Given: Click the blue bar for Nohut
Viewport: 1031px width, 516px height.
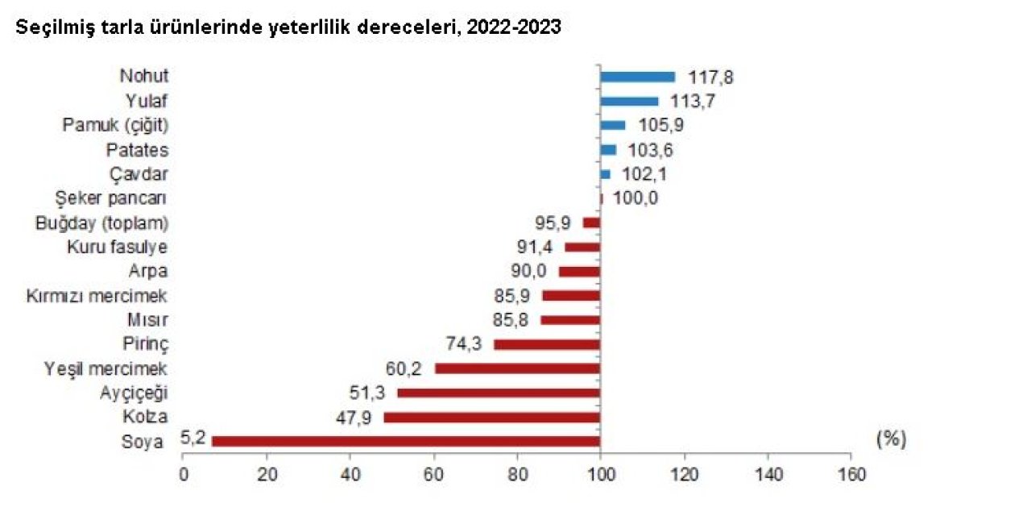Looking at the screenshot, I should coord(637,77).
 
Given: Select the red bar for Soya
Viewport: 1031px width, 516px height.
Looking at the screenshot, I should coord(406,441).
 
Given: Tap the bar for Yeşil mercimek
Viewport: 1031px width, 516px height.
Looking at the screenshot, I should coord(517,368).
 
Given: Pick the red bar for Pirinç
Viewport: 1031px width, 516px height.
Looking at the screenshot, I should coord(547,344).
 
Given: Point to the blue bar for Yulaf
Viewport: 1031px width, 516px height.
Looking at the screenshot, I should coord(629,101).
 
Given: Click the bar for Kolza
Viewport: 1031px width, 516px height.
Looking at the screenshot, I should coord(491,417).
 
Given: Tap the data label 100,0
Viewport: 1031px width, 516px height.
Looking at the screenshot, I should coord(636,198).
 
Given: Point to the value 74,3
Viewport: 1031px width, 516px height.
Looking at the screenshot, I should coord(465,344).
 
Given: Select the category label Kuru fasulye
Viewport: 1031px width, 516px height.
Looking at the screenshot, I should coord(117,247).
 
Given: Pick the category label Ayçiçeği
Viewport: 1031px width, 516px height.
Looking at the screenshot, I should coord(134,393).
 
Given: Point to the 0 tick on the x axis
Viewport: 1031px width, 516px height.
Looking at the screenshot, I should coord(184,475).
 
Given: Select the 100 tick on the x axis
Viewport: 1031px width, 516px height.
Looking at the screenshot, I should coord(600,475).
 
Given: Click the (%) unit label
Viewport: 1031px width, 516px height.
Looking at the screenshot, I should coord(890,439).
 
